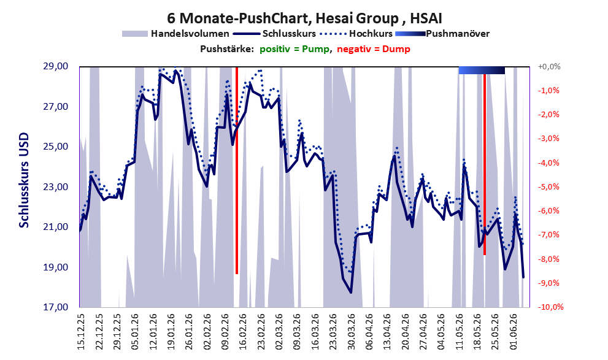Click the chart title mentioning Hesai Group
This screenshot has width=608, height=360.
pyautogui.click(x=304, y=18)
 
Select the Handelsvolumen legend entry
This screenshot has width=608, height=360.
pyautogui.click(x=175, y=34)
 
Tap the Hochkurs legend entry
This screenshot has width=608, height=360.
pyautogui.click(x=356, y=34)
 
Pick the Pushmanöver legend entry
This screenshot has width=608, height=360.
pyautogui.click(x=442, y=34)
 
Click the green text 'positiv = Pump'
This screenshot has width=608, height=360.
pyautogui.click(x=294, y=49)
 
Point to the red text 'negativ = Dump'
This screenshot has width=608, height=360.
pyautogui.click(x=374, y=49)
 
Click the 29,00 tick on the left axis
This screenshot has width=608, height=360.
pyautogui.click(x=55, y=66)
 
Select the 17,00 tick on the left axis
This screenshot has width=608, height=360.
pyautogui.click(x=55, y=307)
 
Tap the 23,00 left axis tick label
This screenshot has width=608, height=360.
pyautogui.click(x=55, y=187)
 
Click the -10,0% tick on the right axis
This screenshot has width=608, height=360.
pyautogui.click(x=550, y=307)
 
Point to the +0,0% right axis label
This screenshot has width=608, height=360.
pyautogui.click(x=549, y=67)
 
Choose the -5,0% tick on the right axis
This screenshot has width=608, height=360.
pyautogui.click(x=549, y=187)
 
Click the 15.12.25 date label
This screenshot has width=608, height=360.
pyautogui.click(x=81, y=332)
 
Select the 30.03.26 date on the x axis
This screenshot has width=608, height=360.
pyautogui.click(x=352, y=332)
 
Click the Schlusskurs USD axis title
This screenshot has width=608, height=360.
pyautogui.click(x=24, y=180)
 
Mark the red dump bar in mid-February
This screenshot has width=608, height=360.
pyautogui.click(x=237, y=170)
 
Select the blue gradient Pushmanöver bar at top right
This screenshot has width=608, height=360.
pyautogui.click(x=482, y=70)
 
